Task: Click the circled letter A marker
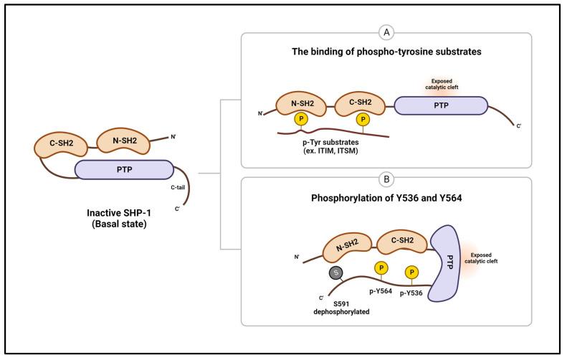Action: [x=386, y=33]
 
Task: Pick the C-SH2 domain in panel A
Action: [x=360, y=105]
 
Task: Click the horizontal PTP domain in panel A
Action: [x=442, y=105]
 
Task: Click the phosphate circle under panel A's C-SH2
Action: [x=363, y=119]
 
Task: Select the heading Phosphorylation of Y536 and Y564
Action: [x=386, y=201]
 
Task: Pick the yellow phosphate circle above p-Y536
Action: [x=412, y=273]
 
